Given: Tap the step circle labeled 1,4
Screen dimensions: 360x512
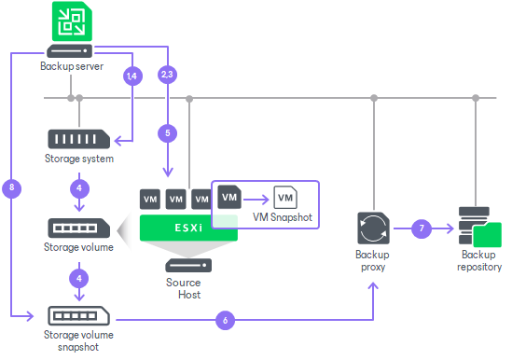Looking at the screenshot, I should [x=132, y=76].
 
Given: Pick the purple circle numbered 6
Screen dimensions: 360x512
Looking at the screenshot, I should [x=224, y=320].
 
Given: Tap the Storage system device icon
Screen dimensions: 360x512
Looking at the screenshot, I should [x=78, y=139].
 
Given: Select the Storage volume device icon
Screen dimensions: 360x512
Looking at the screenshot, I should [x=78, y=228].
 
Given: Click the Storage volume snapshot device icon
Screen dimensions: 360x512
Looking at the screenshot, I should [x=78, y=315].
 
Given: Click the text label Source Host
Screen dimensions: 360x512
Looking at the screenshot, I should [x=184, y=288].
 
